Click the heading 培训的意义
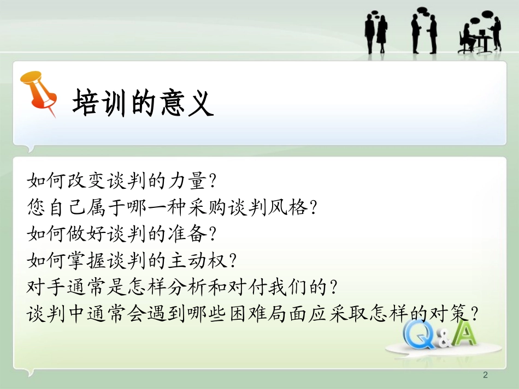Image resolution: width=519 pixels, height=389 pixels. (x=143, y=102)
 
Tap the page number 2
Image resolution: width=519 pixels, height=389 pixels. (x=485, y=375)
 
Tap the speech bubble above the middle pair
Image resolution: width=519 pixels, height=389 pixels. (x=421, y=11)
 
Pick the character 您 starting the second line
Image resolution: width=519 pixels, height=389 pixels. (x=36, y=207)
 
